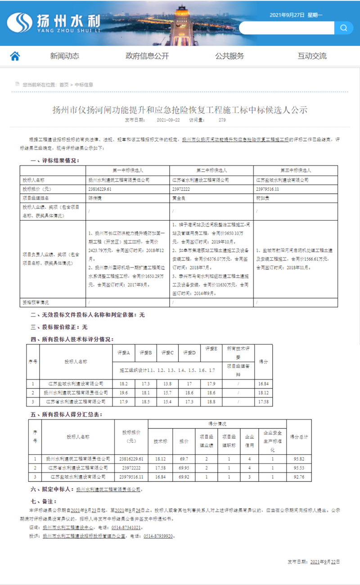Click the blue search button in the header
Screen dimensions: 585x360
coord(343,28)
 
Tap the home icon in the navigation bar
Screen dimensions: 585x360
coord(15,56)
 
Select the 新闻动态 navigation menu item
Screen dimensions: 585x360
coord(64,56)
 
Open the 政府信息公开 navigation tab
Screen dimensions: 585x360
coord(147,56)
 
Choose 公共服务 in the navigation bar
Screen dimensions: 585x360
coord(229,56)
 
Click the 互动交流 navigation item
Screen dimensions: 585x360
coord(312,56)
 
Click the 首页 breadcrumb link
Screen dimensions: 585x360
coord(64,85)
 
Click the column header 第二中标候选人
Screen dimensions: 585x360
coord(211,171)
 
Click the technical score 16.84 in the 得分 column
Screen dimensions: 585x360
coord(264,384)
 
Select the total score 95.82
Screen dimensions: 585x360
coord(299,459)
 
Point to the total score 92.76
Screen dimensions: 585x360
coord(299,476)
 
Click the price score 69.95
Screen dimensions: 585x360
coord(184,467)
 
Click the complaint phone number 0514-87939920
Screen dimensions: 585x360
coord(158,536)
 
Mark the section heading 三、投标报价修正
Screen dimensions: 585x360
coord(59,327)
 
